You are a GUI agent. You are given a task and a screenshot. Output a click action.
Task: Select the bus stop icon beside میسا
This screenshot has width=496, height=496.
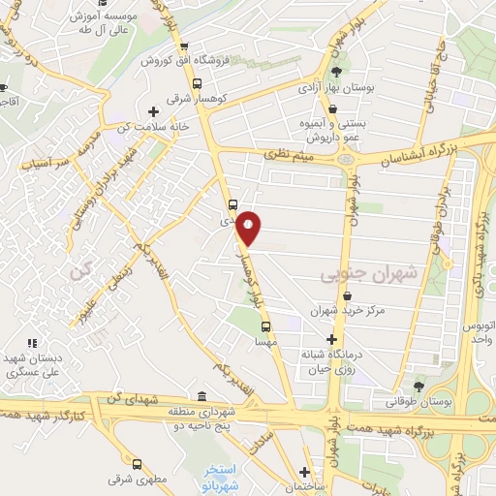tap(265, 327)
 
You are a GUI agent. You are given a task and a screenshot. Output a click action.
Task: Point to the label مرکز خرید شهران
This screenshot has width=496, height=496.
tap(348, 311)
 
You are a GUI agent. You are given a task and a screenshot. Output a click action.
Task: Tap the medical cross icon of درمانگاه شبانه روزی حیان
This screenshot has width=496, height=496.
tap(333, 340)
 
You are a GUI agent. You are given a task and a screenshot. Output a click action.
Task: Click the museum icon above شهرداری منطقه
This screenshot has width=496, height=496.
tap(201, 396)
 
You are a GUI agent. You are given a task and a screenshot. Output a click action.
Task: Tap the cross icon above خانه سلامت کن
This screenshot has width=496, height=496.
tap(153, 110)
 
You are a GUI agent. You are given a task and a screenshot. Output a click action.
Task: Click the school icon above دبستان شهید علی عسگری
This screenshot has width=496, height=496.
tap(32, 342)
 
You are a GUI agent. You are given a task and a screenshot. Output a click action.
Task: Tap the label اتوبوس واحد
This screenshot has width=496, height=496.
tap(480, 329)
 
